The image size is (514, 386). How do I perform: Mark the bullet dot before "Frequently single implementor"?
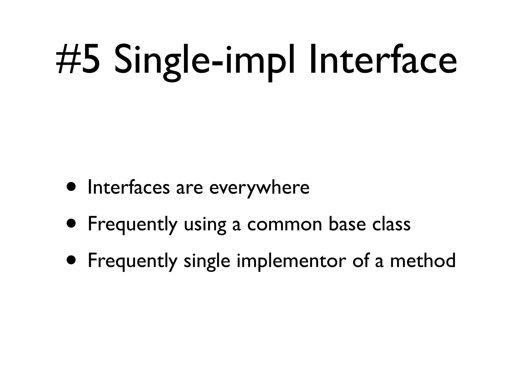72,260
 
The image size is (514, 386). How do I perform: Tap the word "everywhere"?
259,188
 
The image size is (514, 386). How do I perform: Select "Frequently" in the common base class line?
132,224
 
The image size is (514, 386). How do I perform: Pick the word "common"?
284,224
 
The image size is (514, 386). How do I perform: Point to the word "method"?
423,260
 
